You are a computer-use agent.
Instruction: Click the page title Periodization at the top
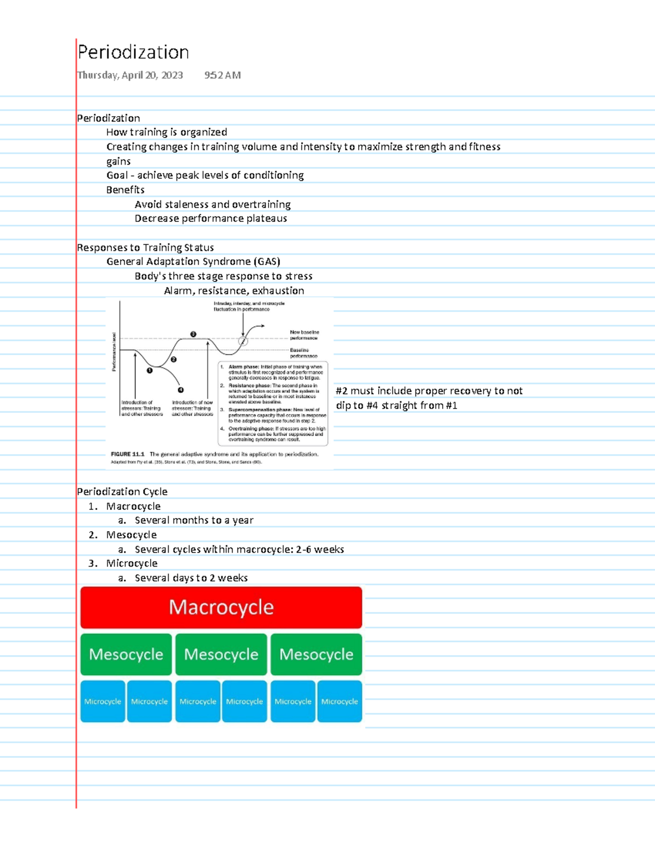[x=133, y=52]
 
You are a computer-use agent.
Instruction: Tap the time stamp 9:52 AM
[x=222, y=75]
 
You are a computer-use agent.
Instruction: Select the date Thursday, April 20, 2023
[x=130, y=75]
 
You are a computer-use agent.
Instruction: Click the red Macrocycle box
[x=221, y=607]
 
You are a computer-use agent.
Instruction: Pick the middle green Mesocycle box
[x=221, y=654]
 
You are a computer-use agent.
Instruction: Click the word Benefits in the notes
[x=125, y=190]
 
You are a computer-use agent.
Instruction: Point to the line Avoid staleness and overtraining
[x=212, y=205]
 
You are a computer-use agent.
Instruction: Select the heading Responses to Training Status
[x=145, y=248]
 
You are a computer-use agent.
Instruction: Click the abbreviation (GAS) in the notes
[x=267, y=262]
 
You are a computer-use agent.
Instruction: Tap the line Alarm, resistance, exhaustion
[x=234, y=291]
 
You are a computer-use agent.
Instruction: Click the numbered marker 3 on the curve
[x=193, y=334]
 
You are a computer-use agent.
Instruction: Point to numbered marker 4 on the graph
[x=181, y=390]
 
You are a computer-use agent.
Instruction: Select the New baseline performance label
[x=304, y=335]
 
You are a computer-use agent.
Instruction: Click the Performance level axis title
[x=114, y=352]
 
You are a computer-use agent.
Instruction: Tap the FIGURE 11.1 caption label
[x=127, y=454]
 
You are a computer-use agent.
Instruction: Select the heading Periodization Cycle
[x=122, y=491]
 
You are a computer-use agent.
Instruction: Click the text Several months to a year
[x=194, y=520]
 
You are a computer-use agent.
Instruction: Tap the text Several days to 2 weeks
[x=191, y=578]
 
